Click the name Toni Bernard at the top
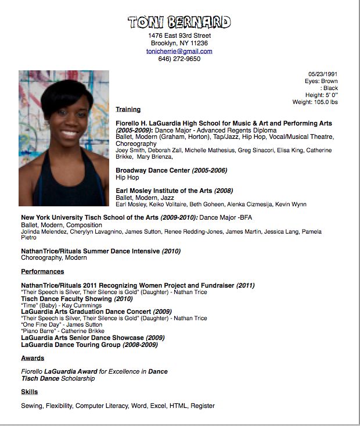179,22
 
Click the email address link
179,51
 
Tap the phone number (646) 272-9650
179,59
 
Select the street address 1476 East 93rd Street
179,35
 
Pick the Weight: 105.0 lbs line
315,102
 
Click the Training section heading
128,109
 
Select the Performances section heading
42,271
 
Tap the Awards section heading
33,358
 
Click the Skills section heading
30,392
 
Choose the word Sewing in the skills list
32,406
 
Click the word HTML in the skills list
178,406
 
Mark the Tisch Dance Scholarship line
57,378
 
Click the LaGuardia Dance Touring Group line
89,345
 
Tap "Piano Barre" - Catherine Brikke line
63,331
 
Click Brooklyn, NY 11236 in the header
179,43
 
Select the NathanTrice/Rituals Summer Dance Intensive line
100,251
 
